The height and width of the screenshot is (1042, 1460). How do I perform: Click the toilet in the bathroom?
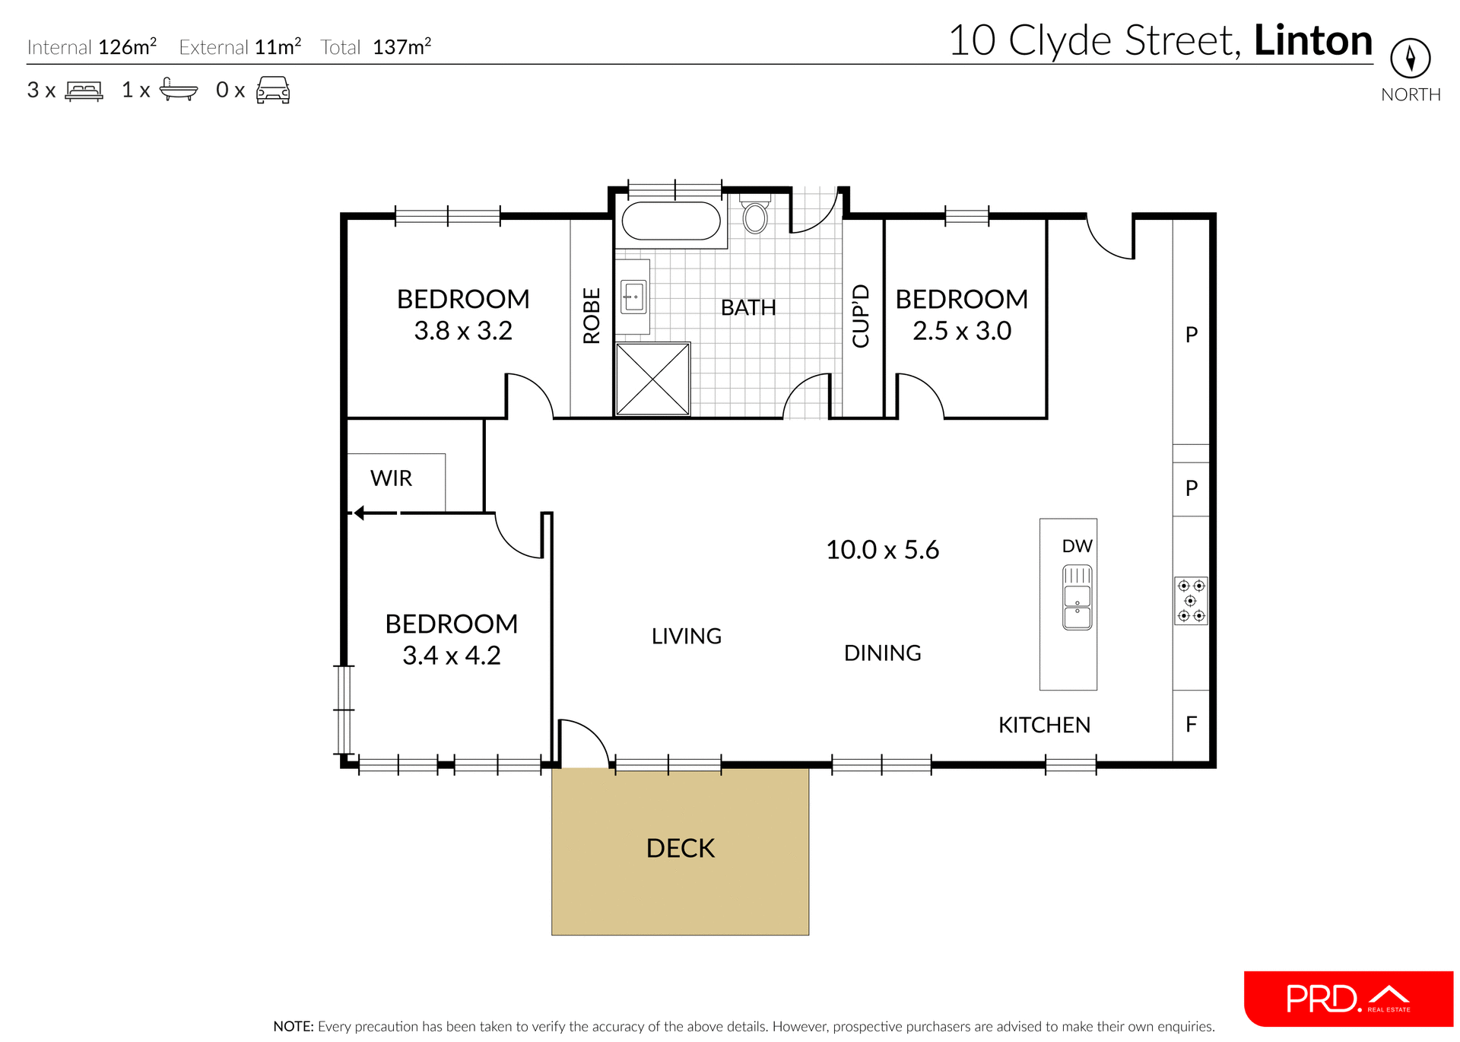coord(755,217)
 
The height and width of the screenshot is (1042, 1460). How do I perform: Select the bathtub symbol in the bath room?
coord(671,221)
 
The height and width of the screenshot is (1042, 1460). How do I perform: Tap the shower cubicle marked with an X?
coord(652,379)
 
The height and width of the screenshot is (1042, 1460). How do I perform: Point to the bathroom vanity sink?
coord(633,297)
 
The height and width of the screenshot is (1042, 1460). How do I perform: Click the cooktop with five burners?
coord(1191,601)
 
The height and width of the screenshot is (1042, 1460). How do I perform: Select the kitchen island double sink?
coord(1077,597)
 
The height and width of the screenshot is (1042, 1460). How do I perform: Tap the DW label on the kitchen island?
coord(1077,546)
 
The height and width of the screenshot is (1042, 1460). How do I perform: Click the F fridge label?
coord(1191,724)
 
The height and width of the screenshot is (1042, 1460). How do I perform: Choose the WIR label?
coord(391,478)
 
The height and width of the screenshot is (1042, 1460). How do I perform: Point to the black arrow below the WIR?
coord(373,513)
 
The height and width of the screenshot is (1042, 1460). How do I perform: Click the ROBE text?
coord(592,316)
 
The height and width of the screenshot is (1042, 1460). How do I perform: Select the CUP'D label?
coord(861,316)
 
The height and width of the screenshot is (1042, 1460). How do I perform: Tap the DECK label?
coord(680,848)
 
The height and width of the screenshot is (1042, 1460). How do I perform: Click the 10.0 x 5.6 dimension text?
coord(882,549)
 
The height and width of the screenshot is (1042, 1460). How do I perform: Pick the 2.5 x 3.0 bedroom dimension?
coord(961,331)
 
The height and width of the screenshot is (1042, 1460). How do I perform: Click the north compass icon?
coord(1410,58)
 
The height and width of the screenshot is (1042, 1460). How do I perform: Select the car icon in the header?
coord(273,90)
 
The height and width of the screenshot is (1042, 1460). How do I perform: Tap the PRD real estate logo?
coord(1347,999)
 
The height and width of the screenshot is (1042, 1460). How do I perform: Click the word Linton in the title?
coord(1312,40)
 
